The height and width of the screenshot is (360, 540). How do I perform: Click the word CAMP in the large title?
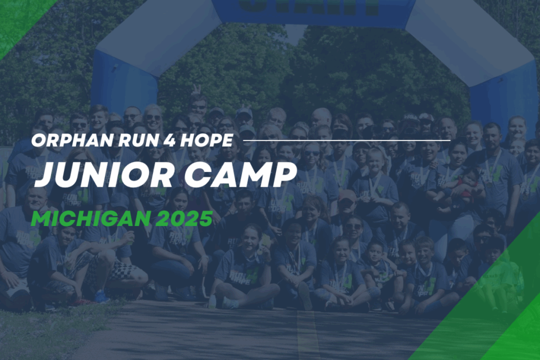point(240,174)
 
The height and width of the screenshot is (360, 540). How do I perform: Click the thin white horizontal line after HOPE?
point(347,141)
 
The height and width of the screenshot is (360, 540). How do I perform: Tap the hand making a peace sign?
point(196,90)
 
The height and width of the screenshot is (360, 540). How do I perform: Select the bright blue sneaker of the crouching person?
point(101,297)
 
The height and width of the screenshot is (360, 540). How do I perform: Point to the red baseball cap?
point(347,196)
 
